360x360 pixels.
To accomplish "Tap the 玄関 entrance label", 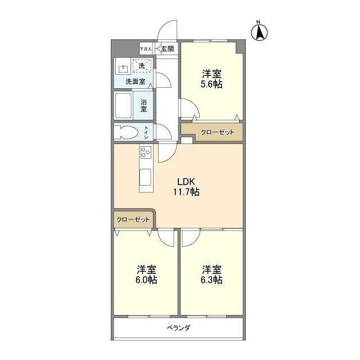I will (167, 49).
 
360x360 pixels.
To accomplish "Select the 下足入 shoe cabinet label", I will (146, 49).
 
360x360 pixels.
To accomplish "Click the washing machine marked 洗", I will (142, 66).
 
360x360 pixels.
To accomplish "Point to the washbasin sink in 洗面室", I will (123, 69).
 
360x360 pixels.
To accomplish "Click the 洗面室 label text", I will (135, 82).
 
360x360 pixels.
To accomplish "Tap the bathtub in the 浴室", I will (123, 105).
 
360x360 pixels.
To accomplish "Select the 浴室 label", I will (144, 105).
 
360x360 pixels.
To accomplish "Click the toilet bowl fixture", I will (126, 132).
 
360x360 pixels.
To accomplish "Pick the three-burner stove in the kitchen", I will (145, 153).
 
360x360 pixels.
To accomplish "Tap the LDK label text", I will (186, 182).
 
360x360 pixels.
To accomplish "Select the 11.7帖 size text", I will (186, 192).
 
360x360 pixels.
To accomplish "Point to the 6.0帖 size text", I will (146, 280).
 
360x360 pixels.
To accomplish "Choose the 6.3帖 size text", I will (211, 280).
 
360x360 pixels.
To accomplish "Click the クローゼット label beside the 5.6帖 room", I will (218, 132).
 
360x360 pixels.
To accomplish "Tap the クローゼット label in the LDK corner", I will (134, 219).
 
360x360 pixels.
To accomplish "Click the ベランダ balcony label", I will (178, 327).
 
